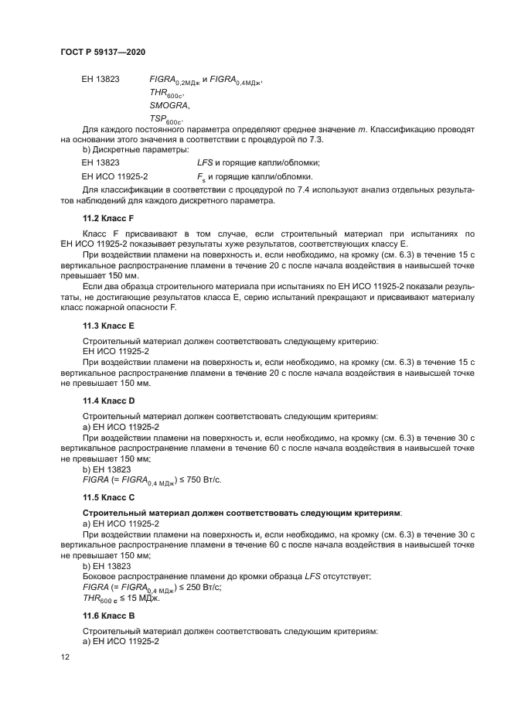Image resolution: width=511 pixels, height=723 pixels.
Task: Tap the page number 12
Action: tap(64, 656)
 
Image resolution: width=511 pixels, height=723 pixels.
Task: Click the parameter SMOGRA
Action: tap(169, 104)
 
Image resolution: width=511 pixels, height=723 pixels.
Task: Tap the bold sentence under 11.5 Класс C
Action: tap(242, 513)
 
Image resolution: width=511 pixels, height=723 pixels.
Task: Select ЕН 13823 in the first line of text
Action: tap(100, 78)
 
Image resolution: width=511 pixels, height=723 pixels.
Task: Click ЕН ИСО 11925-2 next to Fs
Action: tap(114, 176)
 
